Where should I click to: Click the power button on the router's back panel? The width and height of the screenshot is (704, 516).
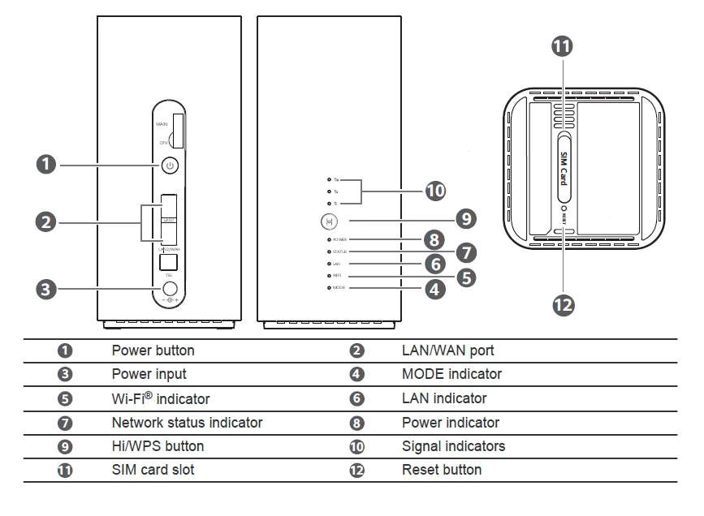pos(169,166)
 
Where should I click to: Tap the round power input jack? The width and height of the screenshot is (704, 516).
pos(170,287)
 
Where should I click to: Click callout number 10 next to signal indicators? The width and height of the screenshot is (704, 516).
pos(436,191)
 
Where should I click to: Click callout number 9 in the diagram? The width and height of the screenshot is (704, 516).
pos(464,218)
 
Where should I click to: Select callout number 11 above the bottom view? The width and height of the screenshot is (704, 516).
pos(562,46)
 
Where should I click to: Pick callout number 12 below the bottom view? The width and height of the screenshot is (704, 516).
pos(563,304)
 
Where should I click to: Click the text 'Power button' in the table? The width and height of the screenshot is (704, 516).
pos(153,350)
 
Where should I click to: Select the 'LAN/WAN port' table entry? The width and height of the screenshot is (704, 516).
pos(447,350)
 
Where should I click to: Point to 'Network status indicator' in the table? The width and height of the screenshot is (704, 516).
pos(187,423)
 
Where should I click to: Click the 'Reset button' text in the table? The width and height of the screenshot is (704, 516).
pos(442,470)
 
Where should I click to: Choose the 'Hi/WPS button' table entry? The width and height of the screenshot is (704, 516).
pos(158,446)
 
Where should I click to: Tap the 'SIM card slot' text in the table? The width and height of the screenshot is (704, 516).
pos(153,470)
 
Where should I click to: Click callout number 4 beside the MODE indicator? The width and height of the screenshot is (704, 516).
pos(436,288)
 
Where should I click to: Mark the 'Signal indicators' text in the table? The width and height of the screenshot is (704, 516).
pos(453,446)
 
